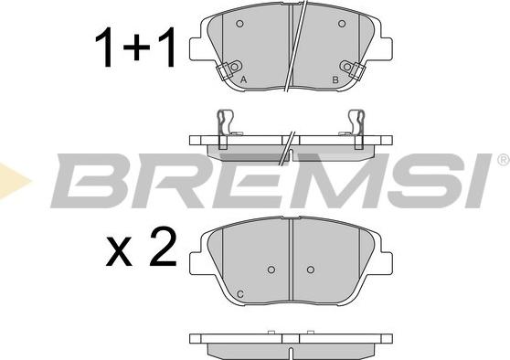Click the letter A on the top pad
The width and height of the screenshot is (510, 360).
coord(243,79)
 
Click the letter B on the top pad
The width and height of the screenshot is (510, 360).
coord(335,79)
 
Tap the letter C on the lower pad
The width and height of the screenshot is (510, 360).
coord(240,294)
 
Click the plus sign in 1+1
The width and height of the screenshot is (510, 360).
coord(136,48)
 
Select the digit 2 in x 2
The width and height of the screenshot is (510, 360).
coord(163,247)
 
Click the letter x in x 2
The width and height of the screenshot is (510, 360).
coord(119,252)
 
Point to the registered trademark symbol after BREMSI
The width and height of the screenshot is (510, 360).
coord(504,159)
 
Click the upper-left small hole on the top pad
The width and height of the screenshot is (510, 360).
coord(239,24)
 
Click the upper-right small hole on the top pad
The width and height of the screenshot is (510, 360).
coord(342,24)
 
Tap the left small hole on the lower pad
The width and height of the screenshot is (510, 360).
coord(271,270)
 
